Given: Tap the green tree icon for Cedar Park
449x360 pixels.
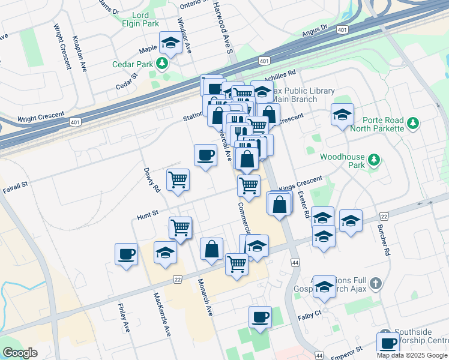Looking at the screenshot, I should tap(161, 63).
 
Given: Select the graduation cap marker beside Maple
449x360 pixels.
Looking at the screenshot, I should tap(170, 43).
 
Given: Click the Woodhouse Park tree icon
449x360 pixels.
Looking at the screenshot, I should tap(374, 160).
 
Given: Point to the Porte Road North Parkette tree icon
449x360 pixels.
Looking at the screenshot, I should tap(412, 123).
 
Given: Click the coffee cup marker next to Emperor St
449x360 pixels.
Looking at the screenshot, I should tap(388, 343).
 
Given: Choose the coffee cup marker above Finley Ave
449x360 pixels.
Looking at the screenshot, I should tap(126, 254).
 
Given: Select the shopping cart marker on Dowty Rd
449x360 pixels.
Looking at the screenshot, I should tap(178, 179).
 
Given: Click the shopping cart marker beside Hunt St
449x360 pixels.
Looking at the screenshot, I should tap(180, 227).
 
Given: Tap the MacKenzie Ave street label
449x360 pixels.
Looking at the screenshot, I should tap(158, 307).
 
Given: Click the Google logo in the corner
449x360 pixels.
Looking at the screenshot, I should tap(20, 353).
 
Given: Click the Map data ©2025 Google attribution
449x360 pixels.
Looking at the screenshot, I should tap(412, 355).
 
